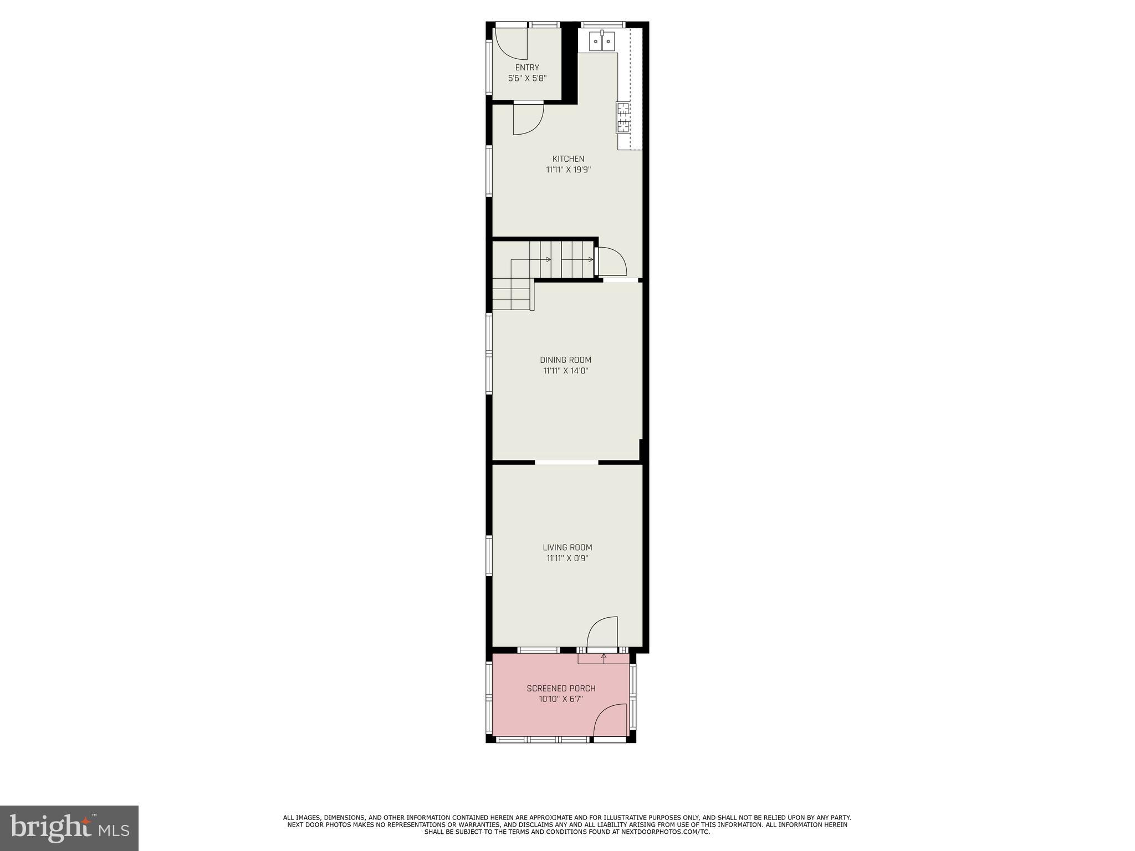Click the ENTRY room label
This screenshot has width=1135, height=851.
point(526,68)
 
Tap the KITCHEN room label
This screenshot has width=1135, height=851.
point(568,159)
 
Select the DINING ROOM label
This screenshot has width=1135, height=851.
point(565,360)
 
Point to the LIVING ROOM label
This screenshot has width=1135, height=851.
point(567,547)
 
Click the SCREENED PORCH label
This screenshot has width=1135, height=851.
point(561,688)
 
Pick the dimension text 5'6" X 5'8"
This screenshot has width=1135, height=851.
point(527,79)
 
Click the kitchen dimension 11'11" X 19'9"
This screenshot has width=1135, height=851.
point(568,170)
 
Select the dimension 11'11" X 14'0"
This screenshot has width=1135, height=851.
point(565,371)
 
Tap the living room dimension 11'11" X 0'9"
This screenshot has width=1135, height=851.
point(567,558)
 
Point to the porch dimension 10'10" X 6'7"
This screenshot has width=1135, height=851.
point(561,699)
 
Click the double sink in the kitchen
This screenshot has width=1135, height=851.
point(602,40)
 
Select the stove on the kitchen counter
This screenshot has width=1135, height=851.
point(623,118)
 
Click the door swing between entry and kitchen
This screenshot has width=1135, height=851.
point(526,119)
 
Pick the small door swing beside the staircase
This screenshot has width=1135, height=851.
point(611,262)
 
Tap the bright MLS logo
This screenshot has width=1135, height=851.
point(69,828)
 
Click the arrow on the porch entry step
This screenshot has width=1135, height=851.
point(604,658)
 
